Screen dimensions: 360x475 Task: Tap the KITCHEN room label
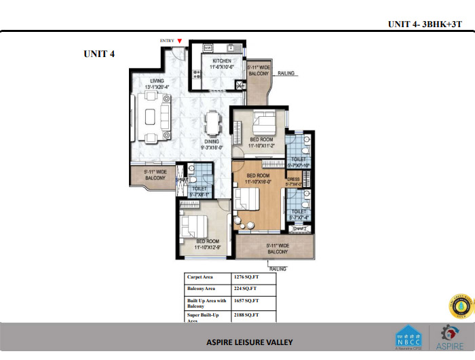(x=221, y=61)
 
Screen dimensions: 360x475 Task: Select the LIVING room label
(x=157, y=81)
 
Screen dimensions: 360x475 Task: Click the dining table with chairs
(x=212, y=126)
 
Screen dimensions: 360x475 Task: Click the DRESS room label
(x=292, y=179)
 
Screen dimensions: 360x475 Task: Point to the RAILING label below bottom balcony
(x=278, y=268)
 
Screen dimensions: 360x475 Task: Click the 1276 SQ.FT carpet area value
(x=246, y=277)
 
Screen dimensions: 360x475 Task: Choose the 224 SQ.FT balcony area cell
(x=244, y=289)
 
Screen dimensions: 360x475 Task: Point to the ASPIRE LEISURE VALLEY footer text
(x=250, y=342)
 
